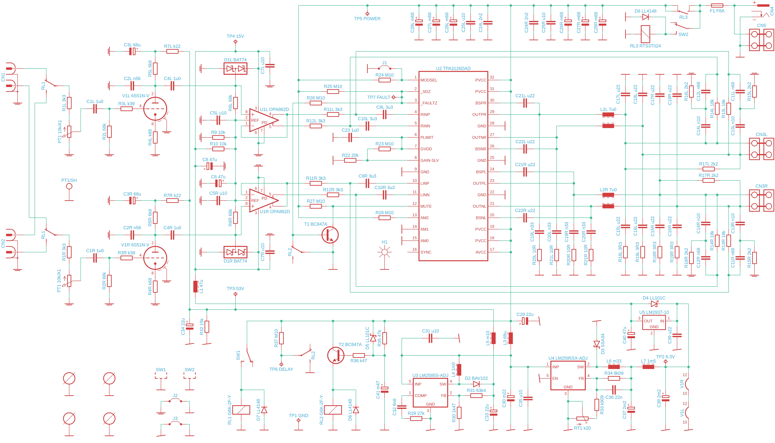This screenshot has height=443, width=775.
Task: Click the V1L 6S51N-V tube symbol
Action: (155, 109)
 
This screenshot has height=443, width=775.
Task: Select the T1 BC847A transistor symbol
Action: (330, 235)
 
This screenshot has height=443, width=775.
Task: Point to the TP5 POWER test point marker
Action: (367, 14)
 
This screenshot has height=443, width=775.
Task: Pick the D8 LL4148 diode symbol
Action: (645, 17)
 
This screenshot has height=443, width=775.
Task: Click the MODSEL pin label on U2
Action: (429, 80)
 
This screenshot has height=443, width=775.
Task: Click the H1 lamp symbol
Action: (385, 252)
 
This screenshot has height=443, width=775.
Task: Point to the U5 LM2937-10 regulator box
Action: (654, 323)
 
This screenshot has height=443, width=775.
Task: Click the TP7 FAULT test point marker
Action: (393, 97)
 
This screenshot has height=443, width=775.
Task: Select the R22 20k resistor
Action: (350, 160)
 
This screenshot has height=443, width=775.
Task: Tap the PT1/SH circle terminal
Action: (69, 186)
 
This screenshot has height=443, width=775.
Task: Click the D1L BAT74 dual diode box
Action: (235, 69)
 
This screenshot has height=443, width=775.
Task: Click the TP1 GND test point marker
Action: (299, 420)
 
